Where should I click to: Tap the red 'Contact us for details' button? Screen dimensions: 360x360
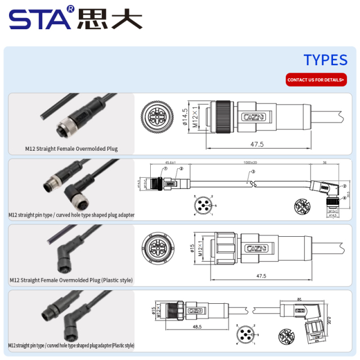[316, 80]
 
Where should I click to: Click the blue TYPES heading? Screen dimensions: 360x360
[325, 60]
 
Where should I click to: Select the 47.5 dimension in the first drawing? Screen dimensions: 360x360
[257, 145]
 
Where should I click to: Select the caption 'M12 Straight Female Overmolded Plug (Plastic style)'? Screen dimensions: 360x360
[71, 280]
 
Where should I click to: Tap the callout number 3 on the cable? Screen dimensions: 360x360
[253, 171]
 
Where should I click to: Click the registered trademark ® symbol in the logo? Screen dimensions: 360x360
[70, 9]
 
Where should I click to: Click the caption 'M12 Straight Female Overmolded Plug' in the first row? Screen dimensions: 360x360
[71, 149]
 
